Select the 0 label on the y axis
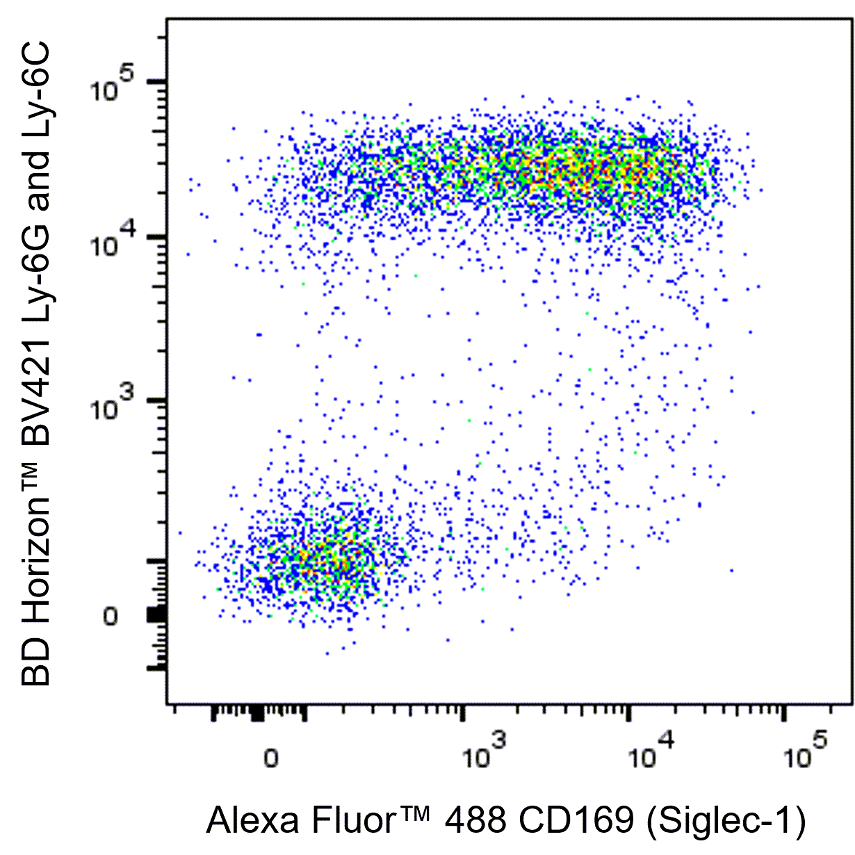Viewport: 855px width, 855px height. (111, 617)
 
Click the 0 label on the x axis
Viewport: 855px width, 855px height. (271, 758)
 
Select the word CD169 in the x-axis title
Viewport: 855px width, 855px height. (578, 821)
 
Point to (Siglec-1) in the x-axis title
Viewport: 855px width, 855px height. (726, 822)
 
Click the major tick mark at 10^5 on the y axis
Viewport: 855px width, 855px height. (156, 81)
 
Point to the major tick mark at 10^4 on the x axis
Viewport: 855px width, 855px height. (629, 715)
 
